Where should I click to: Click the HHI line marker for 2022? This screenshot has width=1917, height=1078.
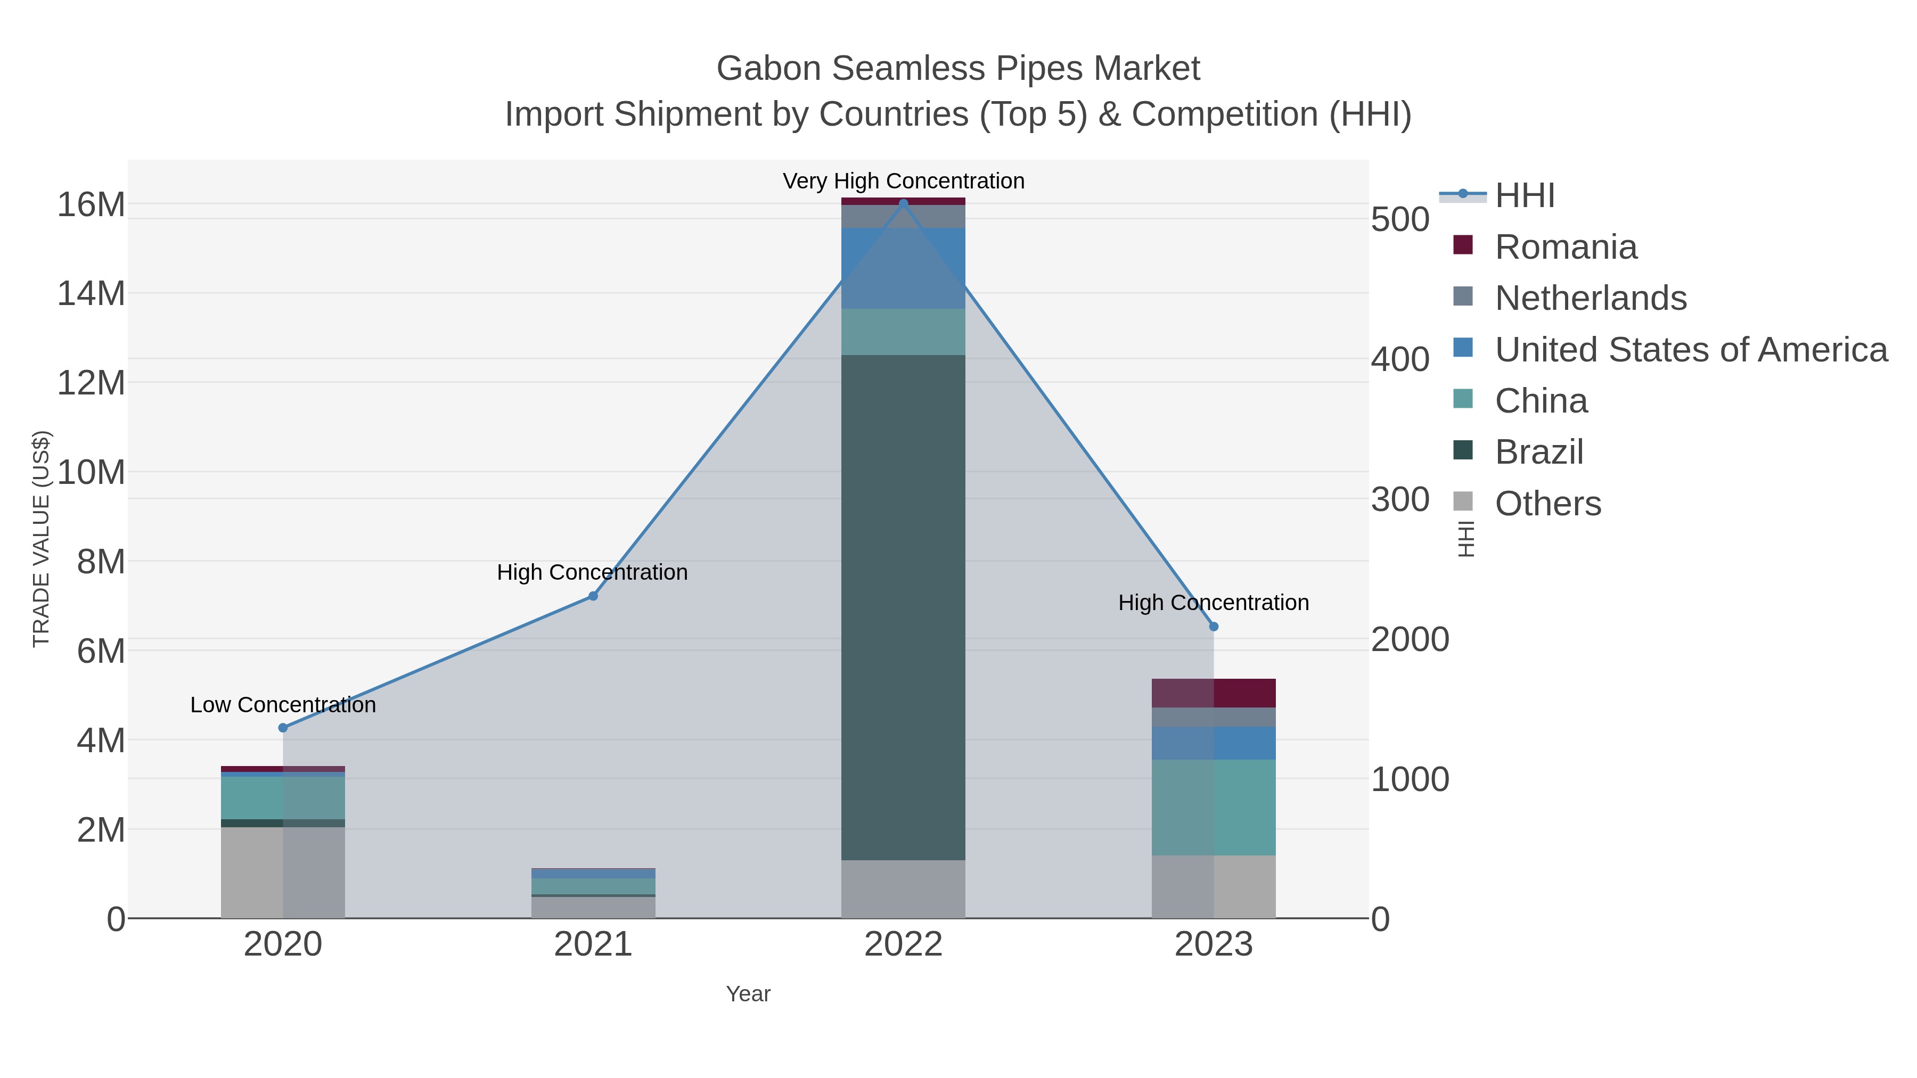click(x=904, y=203)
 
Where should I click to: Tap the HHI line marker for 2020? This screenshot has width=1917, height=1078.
click(x=283, y=728)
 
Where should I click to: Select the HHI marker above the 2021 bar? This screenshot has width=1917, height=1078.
click(x=593, y=596)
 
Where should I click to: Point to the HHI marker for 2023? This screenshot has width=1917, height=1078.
click(x=1214, y=627)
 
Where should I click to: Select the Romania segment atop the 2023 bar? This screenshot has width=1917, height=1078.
click(x=1214, y=693)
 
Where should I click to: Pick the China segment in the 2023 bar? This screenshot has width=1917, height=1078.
click(x=1214, y=807)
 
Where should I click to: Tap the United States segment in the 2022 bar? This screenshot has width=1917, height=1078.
click(x=904, y=268)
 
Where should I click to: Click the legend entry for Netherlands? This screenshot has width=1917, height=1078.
click(x=1590, y=298)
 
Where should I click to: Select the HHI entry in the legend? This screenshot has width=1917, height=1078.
click(x=1525, y=196)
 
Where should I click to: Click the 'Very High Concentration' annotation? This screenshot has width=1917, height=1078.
click(x=904, y=181)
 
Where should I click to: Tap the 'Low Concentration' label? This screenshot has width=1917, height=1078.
click(x=283, y=704)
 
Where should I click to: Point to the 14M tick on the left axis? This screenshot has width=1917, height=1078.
click(x=91, y=293)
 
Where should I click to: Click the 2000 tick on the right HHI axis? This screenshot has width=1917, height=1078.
click(x=1410, y=640)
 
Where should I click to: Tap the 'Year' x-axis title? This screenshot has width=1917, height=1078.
click(x=748, y=994)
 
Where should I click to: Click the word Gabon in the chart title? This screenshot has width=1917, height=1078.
click(x=766, y=69)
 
